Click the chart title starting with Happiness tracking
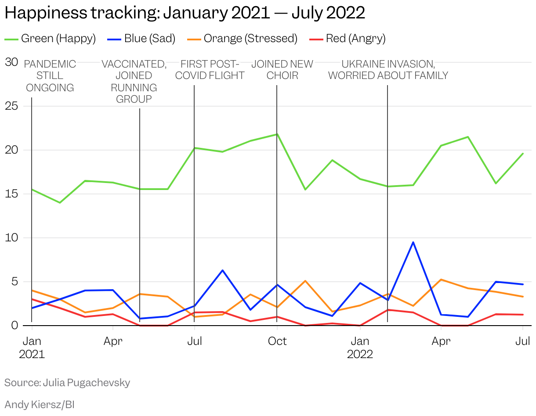[185, 13]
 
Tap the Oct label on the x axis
[277, 341]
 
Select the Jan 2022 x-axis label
[360, 347]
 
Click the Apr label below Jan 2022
[441, 341]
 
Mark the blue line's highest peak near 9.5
[413, 242]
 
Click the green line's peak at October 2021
[277, 134]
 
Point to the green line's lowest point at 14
[60, 203]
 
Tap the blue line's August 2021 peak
[223, 270]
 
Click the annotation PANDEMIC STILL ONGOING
[50, 76]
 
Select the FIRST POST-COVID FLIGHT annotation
[210, 70]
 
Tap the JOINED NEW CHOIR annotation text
[282, 70]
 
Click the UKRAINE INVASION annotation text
[388, 70]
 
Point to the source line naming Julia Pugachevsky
[67, 383]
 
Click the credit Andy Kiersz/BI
[40, 404]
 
